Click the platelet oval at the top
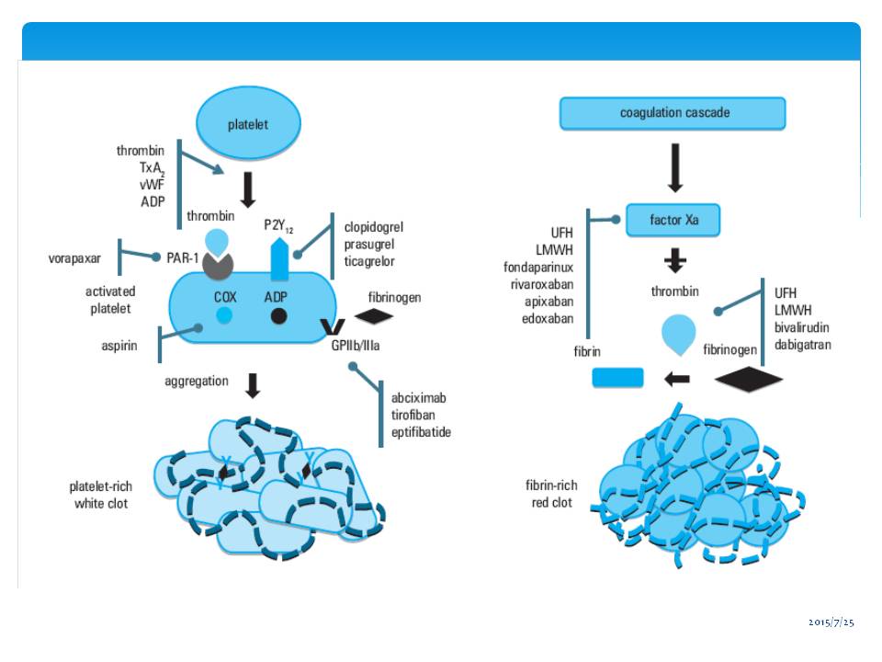point(248,123)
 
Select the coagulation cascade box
point(673,113)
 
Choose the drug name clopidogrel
point(374,226)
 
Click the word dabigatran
point(803,344)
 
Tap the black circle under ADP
point(278,316)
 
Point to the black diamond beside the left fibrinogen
point(374,315)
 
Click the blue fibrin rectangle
point(617,377)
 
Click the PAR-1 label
point(183,258)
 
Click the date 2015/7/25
point(831,623)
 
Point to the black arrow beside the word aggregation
point(253,385)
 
